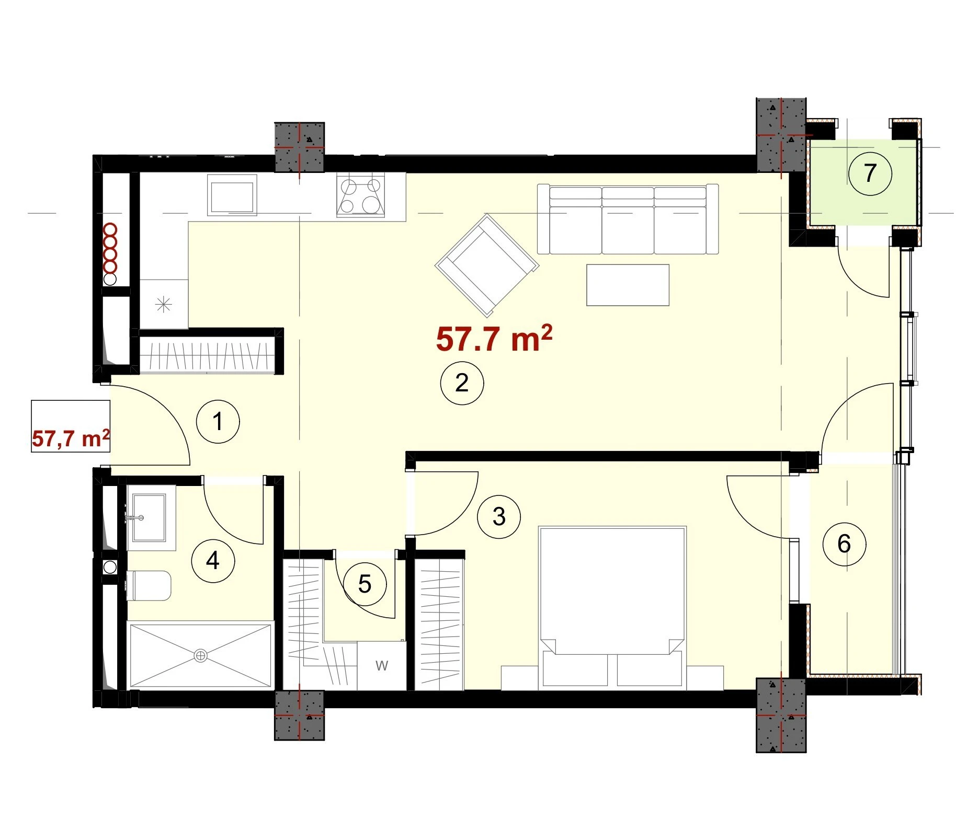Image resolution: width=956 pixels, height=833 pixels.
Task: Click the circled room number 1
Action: [x=218, y=421]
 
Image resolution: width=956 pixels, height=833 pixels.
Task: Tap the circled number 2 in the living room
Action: [x=462, y=383]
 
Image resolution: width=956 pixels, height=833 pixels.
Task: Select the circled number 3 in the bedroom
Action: [x=499, y=516]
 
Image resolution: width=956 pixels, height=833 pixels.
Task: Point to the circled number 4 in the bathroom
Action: [x=213, y=561]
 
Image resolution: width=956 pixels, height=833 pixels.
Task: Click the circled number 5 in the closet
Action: [x=365, y=584]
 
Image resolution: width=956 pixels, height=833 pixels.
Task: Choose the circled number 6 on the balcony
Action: [x=844, y=544]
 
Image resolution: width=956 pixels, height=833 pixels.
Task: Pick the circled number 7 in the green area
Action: [x=870, y=173]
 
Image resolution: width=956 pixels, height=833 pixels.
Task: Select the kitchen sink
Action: [x=232, y=194]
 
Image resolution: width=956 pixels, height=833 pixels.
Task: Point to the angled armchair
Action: [x=487, y=265]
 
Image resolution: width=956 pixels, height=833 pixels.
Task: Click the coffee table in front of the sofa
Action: [x=628, y=285]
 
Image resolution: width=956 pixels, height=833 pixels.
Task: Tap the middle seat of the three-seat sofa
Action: [x=628, y=219]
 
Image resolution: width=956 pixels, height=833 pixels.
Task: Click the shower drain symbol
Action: [x=200, y=655]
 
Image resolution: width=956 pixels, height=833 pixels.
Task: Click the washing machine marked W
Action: [x=382, y=666]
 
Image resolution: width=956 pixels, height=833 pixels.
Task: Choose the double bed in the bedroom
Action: [x=612, y=606]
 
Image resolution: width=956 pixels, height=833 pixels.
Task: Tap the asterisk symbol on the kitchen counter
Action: [x=164, y=304]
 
